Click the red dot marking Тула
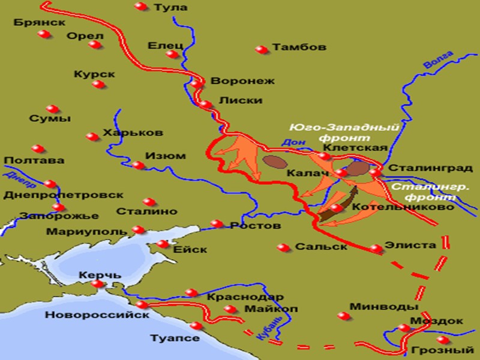pos(141,7)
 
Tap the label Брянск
pos(39,22)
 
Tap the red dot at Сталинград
pos(374,172)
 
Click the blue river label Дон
pos(289,143)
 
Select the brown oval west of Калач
pos(274,161)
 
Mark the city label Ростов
pos(255,226)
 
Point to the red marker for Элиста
pos(376,248)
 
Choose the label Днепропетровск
pos(63,195)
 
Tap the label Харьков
pos(124,133)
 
